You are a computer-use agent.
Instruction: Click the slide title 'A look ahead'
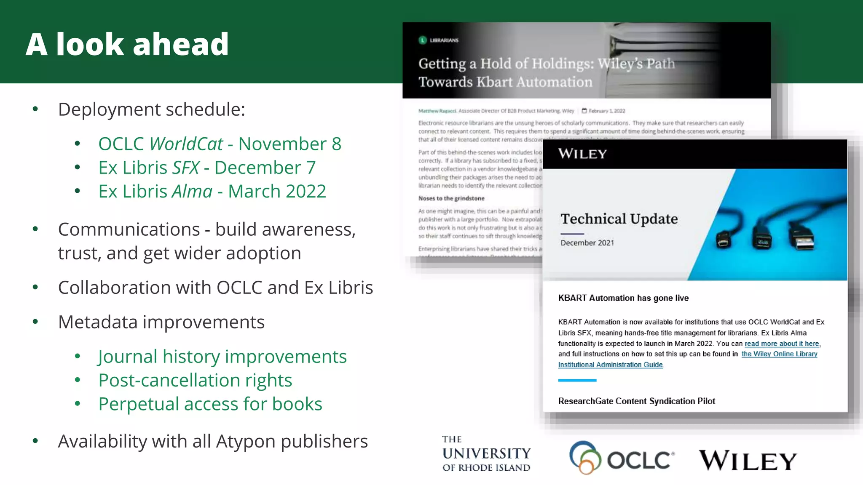point(127,44)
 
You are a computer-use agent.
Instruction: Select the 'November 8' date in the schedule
point(289,144)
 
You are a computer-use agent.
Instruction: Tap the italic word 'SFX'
point(185,168)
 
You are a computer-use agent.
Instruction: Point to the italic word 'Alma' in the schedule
point(192,192)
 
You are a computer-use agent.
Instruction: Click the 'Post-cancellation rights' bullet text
point(195,380)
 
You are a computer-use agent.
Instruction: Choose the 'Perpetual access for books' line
point(210,404)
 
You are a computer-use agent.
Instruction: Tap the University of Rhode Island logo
point(486,454)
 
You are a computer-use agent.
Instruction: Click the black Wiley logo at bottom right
point(748,460)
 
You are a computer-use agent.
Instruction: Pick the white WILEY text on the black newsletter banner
point(582,154)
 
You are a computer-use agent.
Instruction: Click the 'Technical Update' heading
point(619,219)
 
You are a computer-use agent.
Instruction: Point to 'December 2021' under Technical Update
point(587,243)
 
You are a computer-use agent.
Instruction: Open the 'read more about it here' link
point(782,344)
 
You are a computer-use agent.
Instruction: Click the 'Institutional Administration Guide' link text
point(610,365)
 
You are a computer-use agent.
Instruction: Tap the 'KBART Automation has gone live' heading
point(623,298)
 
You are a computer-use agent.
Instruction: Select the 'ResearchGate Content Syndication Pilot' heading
point(636,401)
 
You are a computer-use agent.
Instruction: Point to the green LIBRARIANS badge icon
point(423,40)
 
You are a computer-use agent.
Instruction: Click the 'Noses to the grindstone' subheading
point(451,198)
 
